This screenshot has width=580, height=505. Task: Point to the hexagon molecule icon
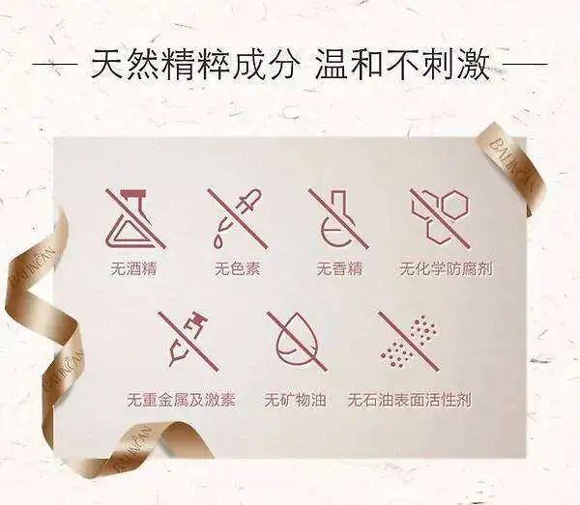(440, 218)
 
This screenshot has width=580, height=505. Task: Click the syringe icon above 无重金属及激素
(188, 341)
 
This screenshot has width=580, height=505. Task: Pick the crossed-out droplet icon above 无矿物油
(297, 341)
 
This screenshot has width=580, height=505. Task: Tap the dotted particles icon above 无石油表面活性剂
(409, 341)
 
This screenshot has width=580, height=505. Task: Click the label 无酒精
(133, 268)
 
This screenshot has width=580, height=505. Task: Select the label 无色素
(238, 268)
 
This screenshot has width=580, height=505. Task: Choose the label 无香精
(339, 268)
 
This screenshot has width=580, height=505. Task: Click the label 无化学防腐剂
(446, 268)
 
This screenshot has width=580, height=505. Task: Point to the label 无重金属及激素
(182, 400)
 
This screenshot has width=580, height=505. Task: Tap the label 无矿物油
(295, 400)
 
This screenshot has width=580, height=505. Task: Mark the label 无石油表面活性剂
(410, 400)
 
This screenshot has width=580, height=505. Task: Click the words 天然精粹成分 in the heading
(194, 65)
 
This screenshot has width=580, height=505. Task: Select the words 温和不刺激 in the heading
(403, 65)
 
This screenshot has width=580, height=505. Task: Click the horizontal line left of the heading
(54, 65)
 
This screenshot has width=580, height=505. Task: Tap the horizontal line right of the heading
(525, 65)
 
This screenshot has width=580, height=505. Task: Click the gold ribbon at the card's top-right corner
(510, 162)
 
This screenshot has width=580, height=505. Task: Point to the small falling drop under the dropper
(217, 242)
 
